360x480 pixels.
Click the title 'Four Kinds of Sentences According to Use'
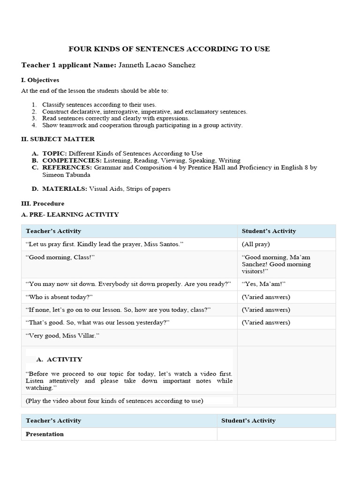tap(169, 49)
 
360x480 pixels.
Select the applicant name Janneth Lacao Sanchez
tap(157, 65)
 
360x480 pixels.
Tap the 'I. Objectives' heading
tap(40, 80)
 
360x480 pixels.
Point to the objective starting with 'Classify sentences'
tap(99, 105)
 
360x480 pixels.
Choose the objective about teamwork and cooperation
tap(142, 125)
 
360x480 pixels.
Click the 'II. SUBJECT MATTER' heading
tap(58, 139)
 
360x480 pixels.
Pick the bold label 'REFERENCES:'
tap(67, 167)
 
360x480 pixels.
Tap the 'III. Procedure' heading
tap(43, 204)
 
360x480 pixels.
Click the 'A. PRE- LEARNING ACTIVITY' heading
tap(70, 215)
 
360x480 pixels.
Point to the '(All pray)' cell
tap(255, 244)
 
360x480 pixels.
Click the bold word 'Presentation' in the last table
tap(45, 434)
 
